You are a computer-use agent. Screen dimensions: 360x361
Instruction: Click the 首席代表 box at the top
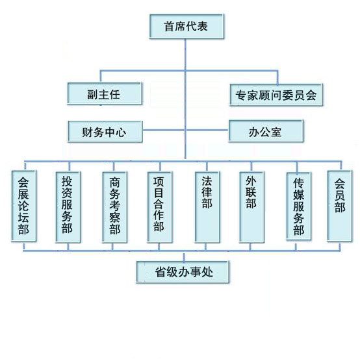(x=186, y=26)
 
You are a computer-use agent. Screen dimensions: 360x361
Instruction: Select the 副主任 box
(x=105, y=93)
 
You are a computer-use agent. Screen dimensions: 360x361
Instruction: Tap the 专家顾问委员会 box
(x=276, y=95)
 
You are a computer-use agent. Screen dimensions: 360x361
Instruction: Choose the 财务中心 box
(x=105, y=132)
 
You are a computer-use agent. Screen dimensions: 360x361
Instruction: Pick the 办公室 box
(x=266, y=131)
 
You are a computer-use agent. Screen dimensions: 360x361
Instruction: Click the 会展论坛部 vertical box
(x=24, y=206)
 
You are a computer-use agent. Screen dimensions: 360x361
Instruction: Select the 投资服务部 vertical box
(x=68, y=207)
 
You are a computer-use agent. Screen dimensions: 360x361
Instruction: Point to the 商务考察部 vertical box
(x=115, y=207)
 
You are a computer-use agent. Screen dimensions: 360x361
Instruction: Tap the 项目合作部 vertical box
(x=160, y=207)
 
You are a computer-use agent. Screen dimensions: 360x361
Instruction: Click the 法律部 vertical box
(x=207, y=207)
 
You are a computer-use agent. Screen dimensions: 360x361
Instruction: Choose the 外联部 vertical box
(x=251, y=207)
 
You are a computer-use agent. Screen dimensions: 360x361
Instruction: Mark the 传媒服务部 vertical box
(x=299, y=206)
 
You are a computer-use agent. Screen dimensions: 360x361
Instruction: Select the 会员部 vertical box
(x=340, y=206)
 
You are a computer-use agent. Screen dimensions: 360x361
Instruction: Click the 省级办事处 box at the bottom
(x=183, y=272)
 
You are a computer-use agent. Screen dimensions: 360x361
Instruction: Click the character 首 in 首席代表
(x=169, y=27)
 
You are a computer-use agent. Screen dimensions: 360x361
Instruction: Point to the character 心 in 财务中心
(x=121, y=132)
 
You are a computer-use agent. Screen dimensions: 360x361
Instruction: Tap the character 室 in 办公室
(x=276, y=132)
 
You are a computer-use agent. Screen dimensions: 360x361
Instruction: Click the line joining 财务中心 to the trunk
(x=164, y=130)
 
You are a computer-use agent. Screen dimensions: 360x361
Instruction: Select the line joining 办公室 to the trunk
(x=207, y=130)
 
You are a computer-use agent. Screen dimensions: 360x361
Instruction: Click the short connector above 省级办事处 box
(x=184, y=257)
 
